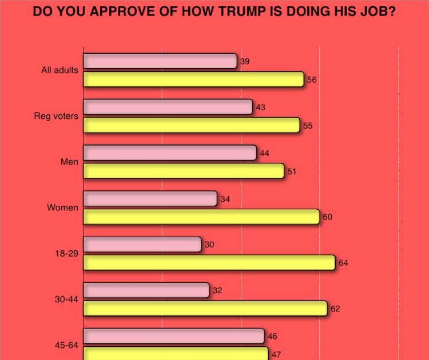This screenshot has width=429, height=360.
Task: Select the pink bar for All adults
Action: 160,61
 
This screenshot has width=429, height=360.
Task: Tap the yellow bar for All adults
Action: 193,79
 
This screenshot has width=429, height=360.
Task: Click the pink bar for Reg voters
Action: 168,107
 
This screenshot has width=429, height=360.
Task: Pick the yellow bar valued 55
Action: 192,125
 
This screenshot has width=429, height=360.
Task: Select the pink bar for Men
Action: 170,153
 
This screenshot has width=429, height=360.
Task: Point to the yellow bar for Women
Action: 201,217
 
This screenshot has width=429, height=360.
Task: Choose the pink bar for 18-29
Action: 142,244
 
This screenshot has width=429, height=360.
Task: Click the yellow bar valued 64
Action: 209,262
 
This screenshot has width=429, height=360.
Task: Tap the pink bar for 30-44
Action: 146,290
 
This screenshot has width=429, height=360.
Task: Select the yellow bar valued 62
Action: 205,308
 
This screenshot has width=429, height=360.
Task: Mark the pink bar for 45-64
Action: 174,335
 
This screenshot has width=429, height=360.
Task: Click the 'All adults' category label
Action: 59,71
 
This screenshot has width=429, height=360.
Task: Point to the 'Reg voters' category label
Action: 57,117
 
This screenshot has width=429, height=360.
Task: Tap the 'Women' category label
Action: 62,208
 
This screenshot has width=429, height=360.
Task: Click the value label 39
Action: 245,61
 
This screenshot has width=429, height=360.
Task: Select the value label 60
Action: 327,217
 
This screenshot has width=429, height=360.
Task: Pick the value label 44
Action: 264,153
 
